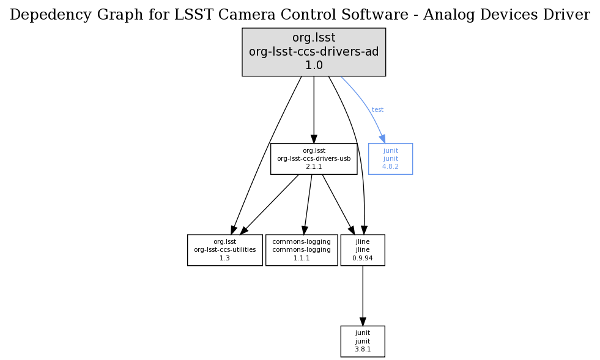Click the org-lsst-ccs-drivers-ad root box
(x=314, y=52)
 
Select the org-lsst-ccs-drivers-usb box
(x=314, y=159)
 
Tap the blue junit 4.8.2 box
(x=390, y=159)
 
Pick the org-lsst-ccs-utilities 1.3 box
(x=225, y=250)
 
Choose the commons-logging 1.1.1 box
(x=302, y=250)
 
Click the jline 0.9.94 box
(x=363, y=250)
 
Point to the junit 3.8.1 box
(x=363, y=341)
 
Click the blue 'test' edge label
(x=377, y=110)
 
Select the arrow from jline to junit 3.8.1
(x=363, y=296)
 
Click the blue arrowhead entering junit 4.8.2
(x=382, y=139)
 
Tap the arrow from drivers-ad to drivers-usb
(x=314, y=110)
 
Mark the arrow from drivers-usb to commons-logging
(x=308, y=204)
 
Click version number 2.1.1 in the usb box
(x=314, y=166)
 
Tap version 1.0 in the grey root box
(x=314, y=65)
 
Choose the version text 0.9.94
(x=363, y=258)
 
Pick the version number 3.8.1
(x=363, y=349)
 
